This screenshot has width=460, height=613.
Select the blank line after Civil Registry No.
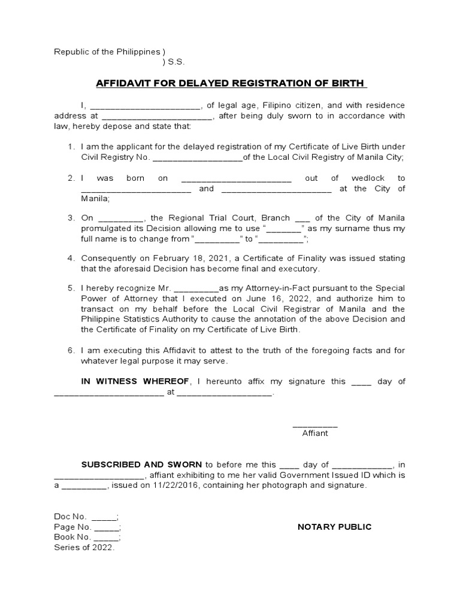pos(198,158)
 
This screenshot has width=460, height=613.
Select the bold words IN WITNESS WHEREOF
pos(135,381)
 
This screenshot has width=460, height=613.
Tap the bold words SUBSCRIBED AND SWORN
pos(143,464)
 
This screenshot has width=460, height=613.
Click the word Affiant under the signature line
pos(315,433)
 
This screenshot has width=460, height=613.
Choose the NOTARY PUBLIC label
pos(334,527)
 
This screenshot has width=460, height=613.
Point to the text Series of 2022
pos(84,548)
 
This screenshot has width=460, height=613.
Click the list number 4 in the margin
pos(70,258)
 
